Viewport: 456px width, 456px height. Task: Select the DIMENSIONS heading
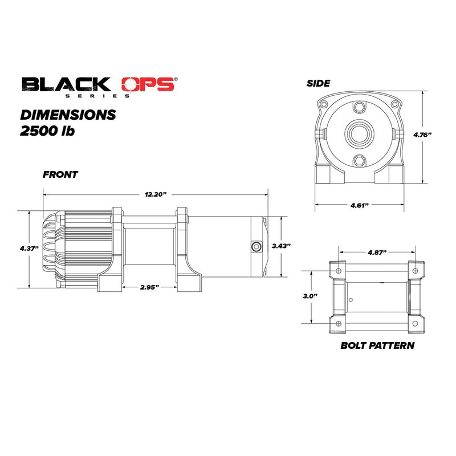pos(68,115)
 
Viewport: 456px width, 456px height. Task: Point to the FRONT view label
pos(60,175)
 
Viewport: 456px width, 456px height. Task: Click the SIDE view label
pos(318,83)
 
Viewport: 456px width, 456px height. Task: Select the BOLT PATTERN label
pos(377,345)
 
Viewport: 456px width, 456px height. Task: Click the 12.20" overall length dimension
pos(154,194)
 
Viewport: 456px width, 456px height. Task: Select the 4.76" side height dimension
pos(422,135)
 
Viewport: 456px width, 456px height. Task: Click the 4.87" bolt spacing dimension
pos(377,251)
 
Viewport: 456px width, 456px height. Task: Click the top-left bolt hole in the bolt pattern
pos(339,270)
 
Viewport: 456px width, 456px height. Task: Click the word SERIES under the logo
pos(117,95)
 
